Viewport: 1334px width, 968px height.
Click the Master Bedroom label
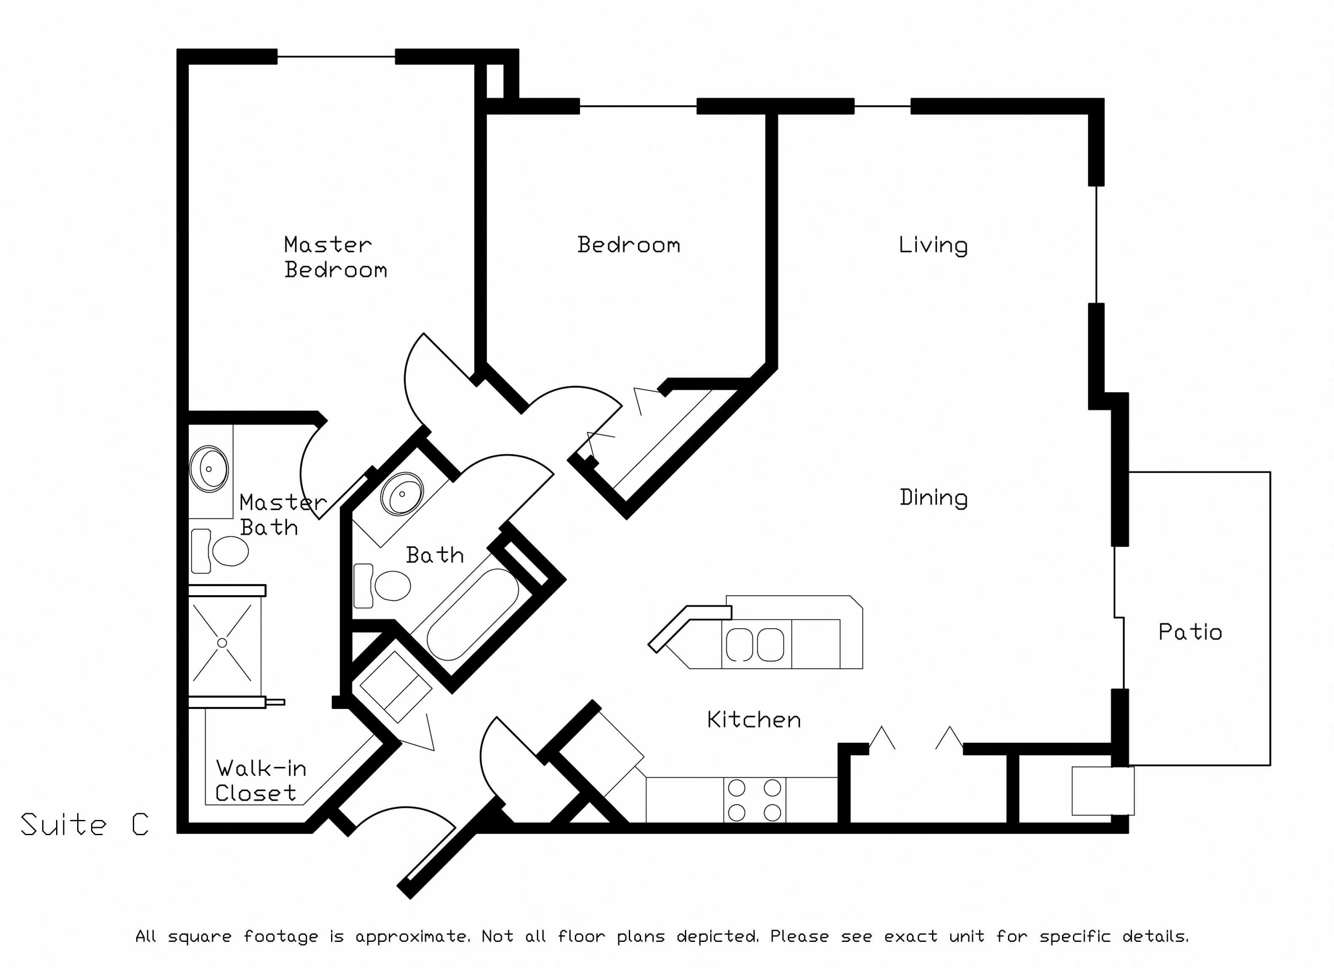pyautogui.click(x=335, y=257)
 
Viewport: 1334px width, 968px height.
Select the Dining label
pyautogui.click(x=933, y=498)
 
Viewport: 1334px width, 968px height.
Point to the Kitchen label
pyautogui.click(x=754, y=720)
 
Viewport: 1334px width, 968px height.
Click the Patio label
pyautogui.click(x=1190, y=632)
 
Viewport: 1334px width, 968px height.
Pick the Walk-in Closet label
pyautogui.click(x=261, y=780)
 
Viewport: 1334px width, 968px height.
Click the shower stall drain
pyautogui.click(x=222, y=643)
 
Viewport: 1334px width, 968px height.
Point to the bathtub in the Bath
pyautogui.click(x=472, y=614)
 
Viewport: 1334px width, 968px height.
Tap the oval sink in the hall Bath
pyautogui.click(x=402, y=493)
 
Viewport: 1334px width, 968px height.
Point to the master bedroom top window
pyautogui.click(x=336, y=57)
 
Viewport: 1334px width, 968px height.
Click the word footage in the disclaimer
pyautogui.click(x=280, y=936)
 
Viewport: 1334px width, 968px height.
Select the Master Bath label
pyautogui.click(x=282, y=515)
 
